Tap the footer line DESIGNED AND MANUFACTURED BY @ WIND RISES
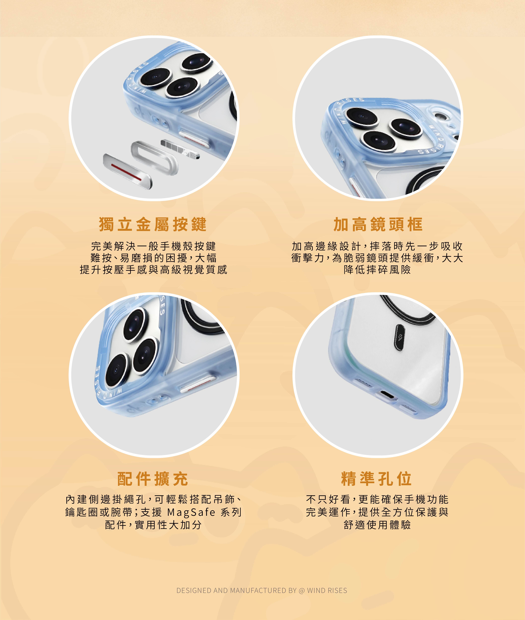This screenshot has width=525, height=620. point(262,590)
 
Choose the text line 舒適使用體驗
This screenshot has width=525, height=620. point(377,525)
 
